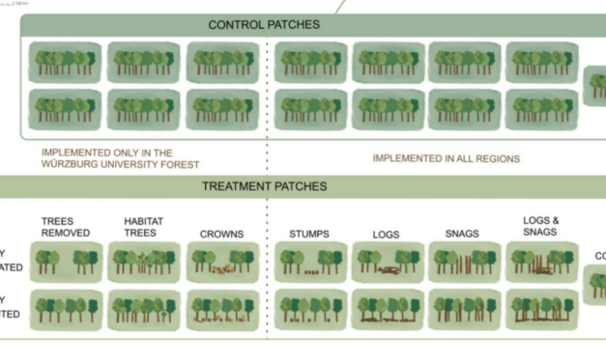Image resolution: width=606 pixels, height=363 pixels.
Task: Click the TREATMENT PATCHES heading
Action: coord(264,186)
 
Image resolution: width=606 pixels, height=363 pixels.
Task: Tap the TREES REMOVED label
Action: coord(66,227)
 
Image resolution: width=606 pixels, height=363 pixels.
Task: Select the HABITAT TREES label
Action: coord(143,227)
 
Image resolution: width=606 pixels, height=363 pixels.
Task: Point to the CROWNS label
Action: coord(221,234)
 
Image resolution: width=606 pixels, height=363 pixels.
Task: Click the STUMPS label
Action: coord(309,234)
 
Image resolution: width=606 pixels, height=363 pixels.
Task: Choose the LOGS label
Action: coord(387,235)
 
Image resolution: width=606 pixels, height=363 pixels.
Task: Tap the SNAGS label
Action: coord(462,234)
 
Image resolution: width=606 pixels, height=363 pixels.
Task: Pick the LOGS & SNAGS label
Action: coord(541,226)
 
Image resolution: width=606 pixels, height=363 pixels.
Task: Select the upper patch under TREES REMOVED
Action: coord(66,262)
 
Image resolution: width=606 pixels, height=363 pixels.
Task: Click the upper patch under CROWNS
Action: coord(221,262)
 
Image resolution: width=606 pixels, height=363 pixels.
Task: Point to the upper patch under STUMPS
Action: coord(309,262)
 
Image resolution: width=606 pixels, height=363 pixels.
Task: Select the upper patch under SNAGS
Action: coord(463,262)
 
